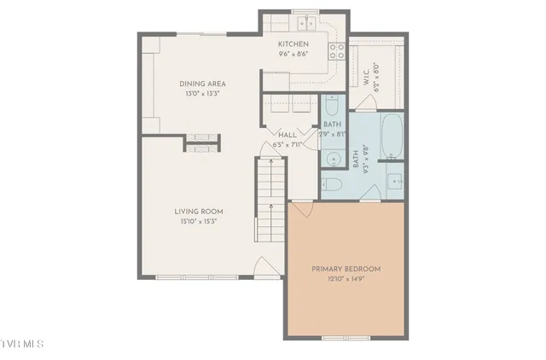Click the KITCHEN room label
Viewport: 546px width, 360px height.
click(x=293, y=44)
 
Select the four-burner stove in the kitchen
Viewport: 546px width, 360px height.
click(x=337, y=48)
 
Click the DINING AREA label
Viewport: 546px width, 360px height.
click(x=201, y=83)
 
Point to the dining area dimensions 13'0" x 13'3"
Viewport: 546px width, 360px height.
click(x=201, y=94)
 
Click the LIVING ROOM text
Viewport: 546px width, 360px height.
click(x=199, y=212)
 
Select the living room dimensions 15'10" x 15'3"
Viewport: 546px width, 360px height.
click(x=199, y=222)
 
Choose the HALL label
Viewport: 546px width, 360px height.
click(x=288, y=135)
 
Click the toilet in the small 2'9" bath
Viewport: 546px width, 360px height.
click(x=332, y=106)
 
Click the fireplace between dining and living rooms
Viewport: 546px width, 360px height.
click(x=202, y=141)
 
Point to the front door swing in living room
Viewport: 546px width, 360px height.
click(x=269, y=270)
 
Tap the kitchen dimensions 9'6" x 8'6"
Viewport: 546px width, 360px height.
click(x=293, y=54)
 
